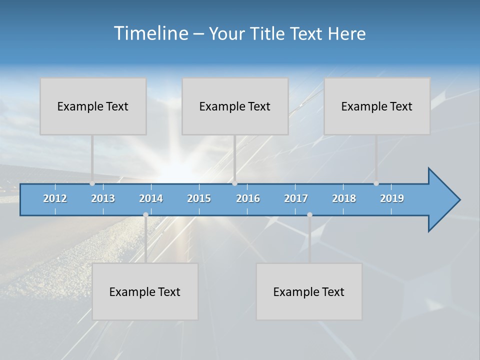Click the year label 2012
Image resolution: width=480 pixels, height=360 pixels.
(x=55, y=198)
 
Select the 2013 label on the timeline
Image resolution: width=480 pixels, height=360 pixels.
(x=103, y=198)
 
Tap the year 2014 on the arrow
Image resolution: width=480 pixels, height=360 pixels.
(x=151, y=198)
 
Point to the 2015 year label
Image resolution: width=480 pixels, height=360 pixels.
(x=199, y=198)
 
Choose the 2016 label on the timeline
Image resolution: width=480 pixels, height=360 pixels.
(x=248, y=198)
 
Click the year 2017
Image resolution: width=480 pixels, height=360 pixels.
(x=296, y=198)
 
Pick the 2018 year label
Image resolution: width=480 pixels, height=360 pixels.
(x=344, y=198)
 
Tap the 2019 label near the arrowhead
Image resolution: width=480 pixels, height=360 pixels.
(x=392, y=198)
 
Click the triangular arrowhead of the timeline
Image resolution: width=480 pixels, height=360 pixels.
(x=443, y=200)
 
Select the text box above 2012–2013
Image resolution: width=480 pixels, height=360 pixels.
(x=93, y=106)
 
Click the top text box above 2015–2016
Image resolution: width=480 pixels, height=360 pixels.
(x=235, y=106)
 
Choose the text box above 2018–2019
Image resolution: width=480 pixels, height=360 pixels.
(x=377, y=106)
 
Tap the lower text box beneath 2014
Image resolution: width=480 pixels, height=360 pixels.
(x=145, y=291)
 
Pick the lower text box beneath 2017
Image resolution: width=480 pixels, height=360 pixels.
(x=309, y=291)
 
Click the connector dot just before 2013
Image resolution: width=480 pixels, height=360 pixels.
(x=92, y=183)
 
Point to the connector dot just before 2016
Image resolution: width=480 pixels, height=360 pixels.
(x=234, y=183)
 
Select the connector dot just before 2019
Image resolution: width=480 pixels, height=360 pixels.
(x=376, y=183)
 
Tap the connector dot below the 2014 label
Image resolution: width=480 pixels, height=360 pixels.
(x=145, y=214)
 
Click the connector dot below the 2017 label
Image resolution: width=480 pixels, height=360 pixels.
(x=309, y=214)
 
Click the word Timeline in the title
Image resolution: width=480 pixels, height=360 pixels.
(x=150, y=33)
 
